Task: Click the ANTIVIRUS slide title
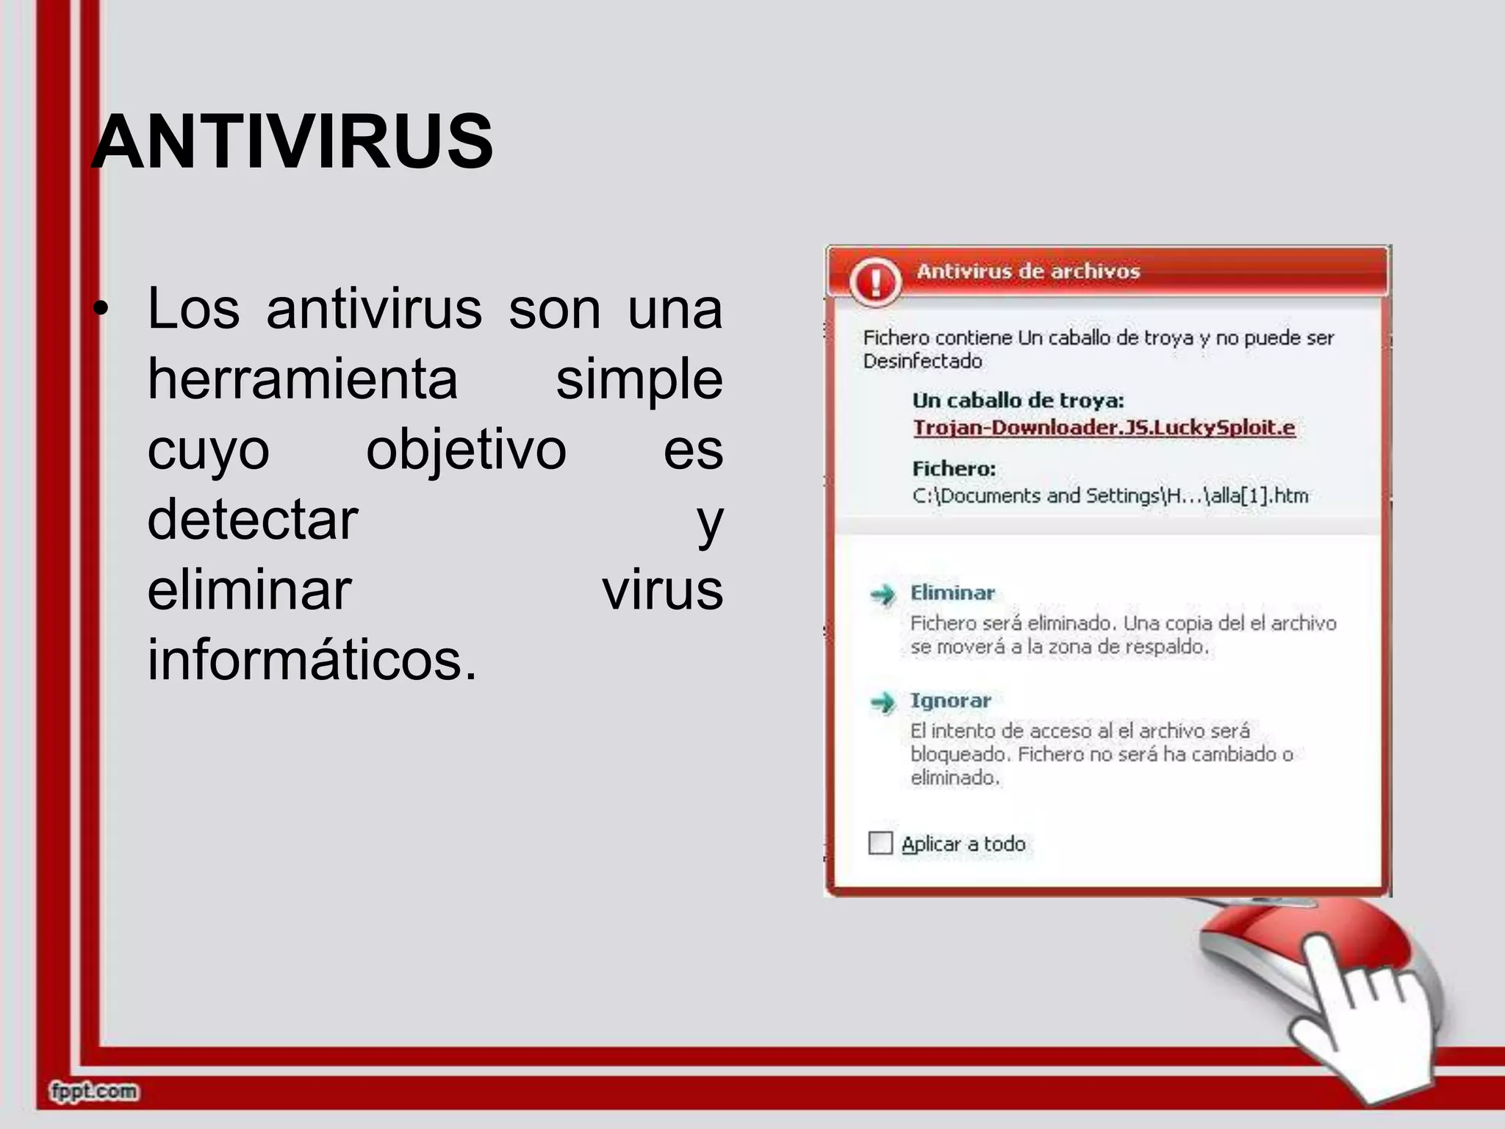(292, 142)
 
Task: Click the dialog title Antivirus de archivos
(1027, 271)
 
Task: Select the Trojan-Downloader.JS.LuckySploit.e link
(1104, 428)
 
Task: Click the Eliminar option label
(952, 592)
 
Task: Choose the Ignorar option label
(950, 700)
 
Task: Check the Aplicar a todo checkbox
(880, 843)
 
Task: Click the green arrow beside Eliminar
(883, 595)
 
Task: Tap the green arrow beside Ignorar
(883, 703)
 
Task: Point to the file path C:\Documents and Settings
(1110, 496)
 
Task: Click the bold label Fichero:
(954, 468)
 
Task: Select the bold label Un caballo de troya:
(1018, 401)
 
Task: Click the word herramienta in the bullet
(302, 379)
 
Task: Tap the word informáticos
(312, 659)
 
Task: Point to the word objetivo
(466, 450)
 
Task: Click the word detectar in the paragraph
(252, 520)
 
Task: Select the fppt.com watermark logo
(93, 1091)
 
